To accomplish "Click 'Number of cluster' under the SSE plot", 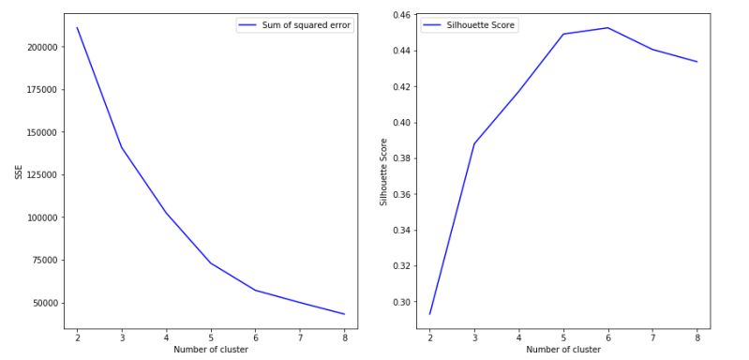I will coord(211,350).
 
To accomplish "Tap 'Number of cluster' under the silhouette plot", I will coord(562,350).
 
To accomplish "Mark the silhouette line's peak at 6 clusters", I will coord(607,27).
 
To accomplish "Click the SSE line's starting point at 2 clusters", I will coord(77,27).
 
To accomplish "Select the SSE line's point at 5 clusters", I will coord(211,262).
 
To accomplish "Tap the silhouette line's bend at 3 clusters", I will coord(473,144).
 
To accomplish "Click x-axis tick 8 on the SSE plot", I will coord(345,336).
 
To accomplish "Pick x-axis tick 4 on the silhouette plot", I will coord(518,336).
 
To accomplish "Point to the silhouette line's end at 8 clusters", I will coord(697,62).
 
